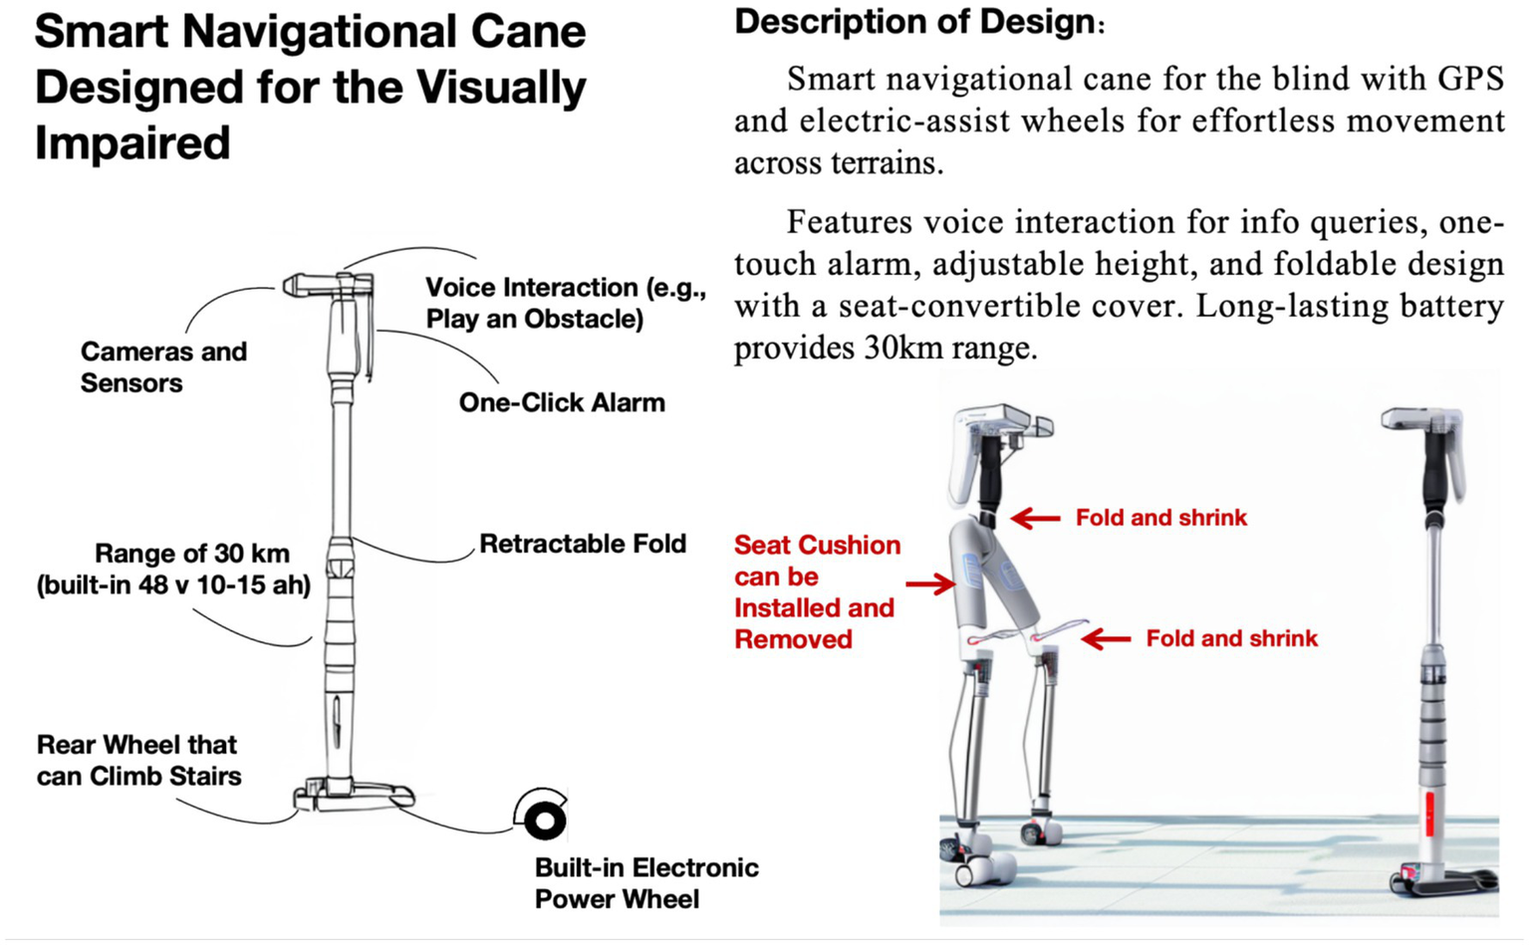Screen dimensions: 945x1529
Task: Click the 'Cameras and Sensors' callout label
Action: point(162,367)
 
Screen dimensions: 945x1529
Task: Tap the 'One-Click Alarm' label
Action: point(562,402)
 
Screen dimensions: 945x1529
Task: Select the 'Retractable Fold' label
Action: point(583,544)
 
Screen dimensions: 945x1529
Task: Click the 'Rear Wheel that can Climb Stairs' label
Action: point(138,761)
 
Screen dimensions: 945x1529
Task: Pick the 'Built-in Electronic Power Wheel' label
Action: point(645,883)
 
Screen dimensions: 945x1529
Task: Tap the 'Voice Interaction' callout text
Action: point(565,303)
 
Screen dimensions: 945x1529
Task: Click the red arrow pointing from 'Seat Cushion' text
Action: point(930,584)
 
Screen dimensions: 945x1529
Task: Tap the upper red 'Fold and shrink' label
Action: point(1160,518)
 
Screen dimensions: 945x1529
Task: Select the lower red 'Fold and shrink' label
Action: point(1231,638)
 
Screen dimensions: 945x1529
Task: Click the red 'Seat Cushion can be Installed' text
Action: point(816,591)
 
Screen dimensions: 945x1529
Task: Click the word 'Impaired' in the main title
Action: point(132,143)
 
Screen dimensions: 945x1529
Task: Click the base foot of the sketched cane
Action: point(354,794)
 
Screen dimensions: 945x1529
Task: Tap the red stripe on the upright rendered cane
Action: point(1429,814)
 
